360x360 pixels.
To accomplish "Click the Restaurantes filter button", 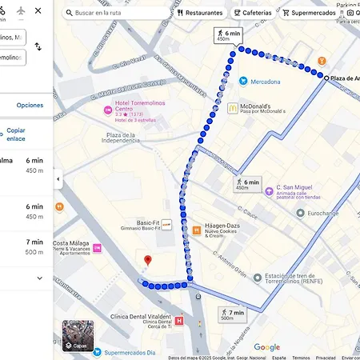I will coord(200,13).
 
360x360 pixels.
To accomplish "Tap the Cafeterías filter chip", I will coord(253,13).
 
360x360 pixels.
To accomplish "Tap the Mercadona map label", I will coord(265,82).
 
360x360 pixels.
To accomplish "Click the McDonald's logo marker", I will coord(233,108).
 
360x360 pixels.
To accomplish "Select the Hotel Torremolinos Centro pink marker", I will coord(107,110).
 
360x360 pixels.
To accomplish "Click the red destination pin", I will coord(147,261).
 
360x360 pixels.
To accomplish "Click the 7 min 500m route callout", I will coord(232,314).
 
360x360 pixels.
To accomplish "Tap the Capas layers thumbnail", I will coord(78,336).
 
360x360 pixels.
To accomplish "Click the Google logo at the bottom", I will coord(266,347).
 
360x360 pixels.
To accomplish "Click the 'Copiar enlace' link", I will coord(16,134).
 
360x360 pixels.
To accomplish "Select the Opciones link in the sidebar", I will coord(30,105).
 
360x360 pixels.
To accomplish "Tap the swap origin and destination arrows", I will coord(38,47).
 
